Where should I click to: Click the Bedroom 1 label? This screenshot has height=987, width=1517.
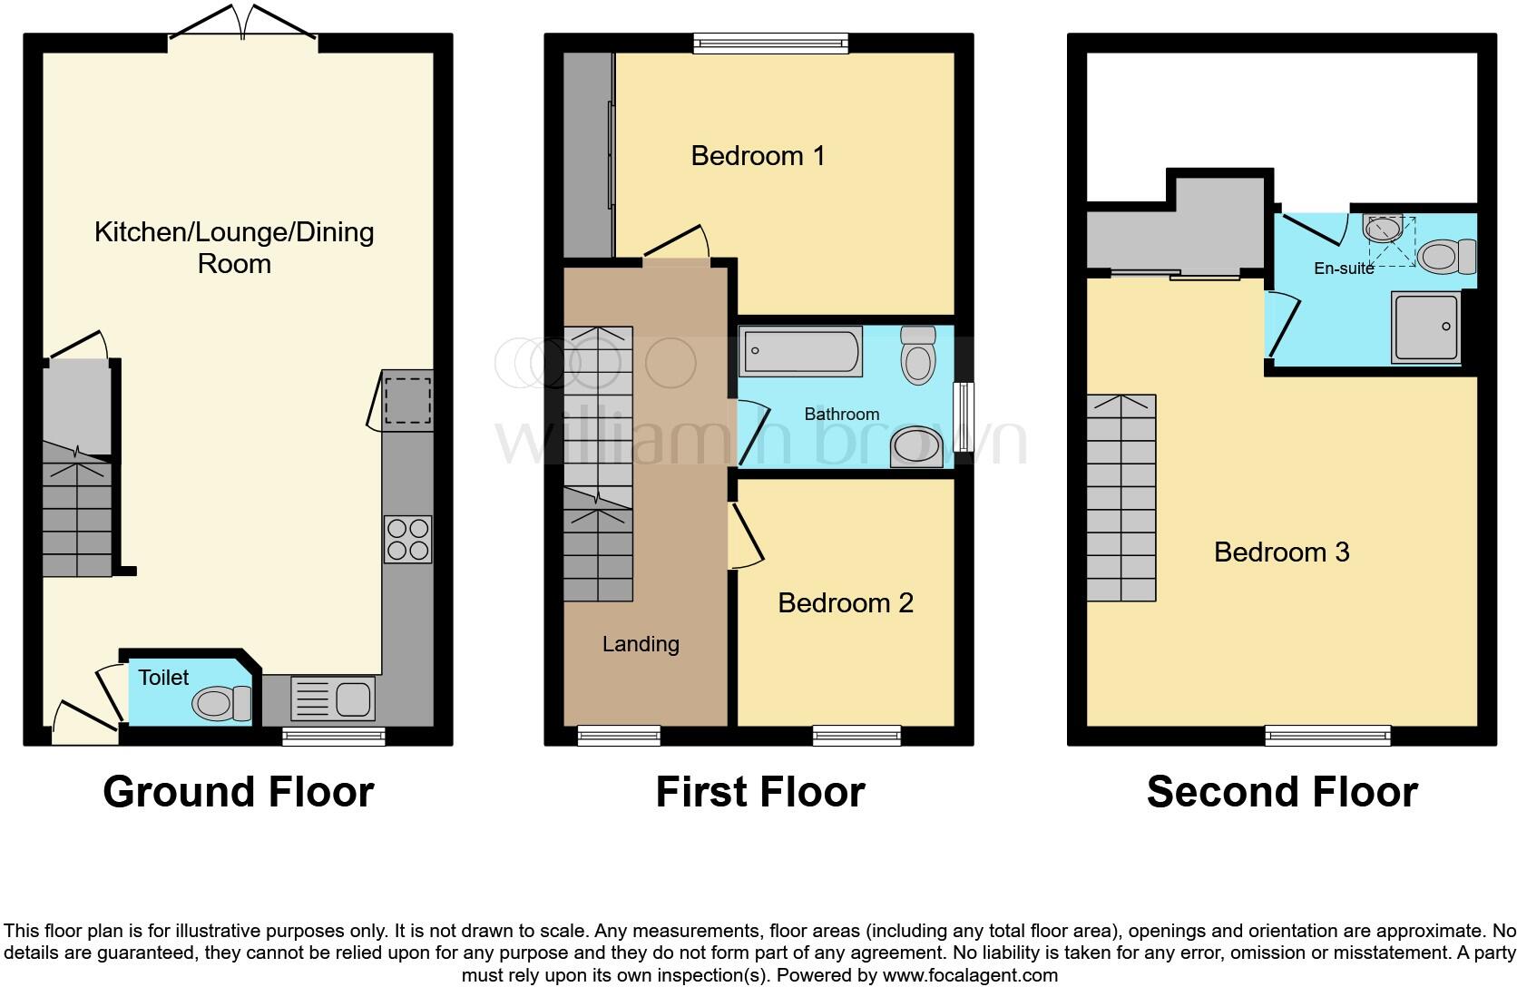point(758,156)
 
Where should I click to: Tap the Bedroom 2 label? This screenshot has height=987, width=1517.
point(845,603)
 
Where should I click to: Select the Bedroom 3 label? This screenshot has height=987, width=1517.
point(1281,552)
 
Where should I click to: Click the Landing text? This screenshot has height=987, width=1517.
point(641,644)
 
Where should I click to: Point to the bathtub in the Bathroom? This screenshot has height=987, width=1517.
point(800,354)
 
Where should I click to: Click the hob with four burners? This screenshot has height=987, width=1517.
point(407,539)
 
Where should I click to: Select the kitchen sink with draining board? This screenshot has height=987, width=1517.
point(331,699)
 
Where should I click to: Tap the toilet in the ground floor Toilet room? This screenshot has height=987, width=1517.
point(223,702)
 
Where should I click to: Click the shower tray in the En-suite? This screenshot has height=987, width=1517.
point(1425,327)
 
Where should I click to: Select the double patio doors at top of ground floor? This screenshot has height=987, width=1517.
point(242,24)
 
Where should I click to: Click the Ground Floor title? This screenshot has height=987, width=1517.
point(238,791)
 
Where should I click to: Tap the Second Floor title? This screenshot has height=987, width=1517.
point(1281,791)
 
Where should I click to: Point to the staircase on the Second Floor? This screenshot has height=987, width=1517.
point(1121,498)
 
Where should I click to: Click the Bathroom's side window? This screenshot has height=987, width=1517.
point(964,417)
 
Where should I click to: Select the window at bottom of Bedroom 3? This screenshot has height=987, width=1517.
point(1327,735)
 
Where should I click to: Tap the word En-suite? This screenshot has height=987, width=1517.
point(1344,269)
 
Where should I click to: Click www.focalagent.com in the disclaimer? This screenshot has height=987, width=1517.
point(970,976)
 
